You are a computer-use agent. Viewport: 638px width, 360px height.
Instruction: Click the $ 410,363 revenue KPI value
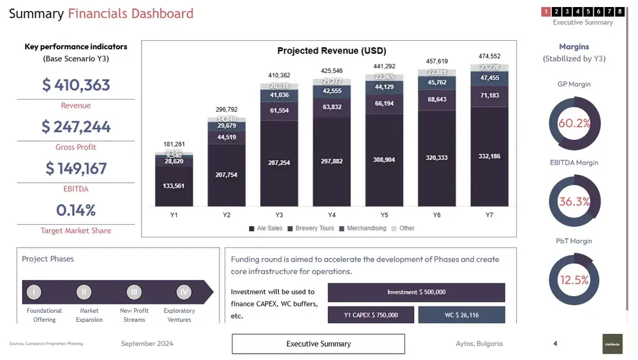[x=76, y=85]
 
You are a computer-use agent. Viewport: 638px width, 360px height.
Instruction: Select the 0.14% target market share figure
[x=75, y=210]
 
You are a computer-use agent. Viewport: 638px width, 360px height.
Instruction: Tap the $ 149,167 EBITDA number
[x=76, y=169]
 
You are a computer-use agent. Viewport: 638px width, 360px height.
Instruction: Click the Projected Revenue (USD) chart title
[x=331, y=51]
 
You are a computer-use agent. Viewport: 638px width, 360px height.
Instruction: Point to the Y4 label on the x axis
[x=332, y=215]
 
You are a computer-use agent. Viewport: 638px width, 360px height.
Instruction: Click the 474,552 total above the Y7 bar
[x=489, y=57]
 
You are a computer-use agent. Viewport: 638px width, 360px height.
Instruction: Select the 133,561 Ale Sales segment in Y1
[x=174, y=186]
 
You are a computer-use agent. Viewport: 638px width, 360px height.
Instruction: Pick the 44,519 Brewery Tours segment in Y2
[x=226, y=137]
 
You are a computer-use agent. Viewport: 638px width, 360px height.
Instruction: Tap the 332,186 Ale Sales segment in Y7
[x=489, y=156]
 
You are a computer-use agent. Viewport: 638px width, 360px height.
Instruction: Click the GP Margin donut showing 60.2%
[x=574, y=123]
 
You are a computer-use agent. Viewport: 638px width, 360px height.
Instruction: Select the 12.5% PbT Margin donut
[x=574, y=280]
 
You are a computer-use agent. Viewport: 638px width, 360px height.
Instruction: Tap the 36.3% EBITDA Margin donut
[x=574, y=202]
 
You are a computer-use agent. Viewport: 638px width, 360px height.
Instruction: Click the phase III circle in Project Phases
[x=133, y=292]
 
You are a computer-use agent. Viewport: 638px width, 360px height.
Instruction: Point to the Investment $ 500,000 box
[x=416, y=292]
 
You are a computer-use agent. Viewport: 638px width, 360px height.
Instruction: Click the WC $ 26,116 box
[x=461, y=315]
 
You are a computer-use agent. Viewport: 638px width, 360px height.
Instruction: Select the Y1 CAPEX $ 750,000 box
[x=371, y=315]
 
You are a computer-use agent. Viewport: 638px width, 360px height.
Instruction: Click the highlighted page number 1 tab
[x=545, y=11]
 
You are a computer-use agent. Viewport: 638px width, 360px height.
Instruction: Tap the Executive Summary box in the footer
[x=318, y=344]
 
